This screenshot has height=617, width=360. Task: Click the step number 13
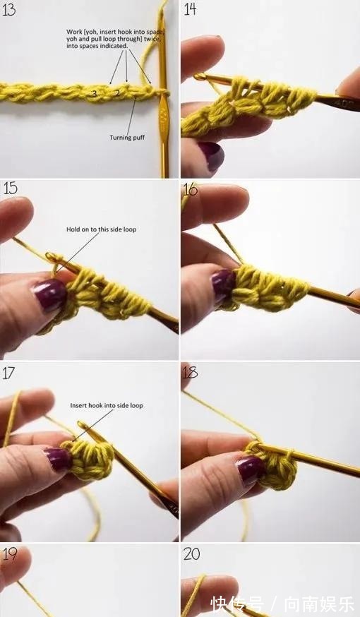click(8, 9)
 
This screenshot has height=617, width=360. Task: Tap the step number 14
click(190, 8)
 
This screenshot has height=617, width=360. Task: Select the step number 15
click(10, 188)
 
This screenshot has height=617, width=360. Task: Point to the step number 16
click(190, 189)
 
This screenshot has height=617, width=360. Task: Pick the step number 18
click(190, 372)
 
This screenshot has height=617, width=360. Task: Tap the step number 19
click(10, 554)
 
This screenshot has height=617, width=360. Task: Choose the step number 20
click(191, 554)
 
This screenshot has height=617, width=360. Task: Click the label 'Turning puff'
click(127, 138)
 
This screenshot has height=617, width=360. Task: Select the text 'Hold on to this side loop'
click(101, 229)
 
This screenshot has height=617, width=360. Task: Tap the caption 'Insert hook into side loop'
click(106, 405)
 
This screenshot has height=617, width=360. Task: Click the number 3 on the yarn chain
click(95, 94)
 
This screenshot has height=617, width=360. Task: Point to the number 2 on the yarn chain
click(117, 94)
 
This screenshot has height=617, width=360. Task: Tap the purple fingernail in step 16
click(223, 282)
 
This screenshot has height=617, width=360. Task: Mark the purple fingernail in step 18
click(251, 469)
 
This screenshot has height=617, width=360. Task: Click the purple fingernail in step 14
click(212, 154)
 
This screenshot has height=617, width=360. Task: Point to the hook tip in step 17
click(81, 424)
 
